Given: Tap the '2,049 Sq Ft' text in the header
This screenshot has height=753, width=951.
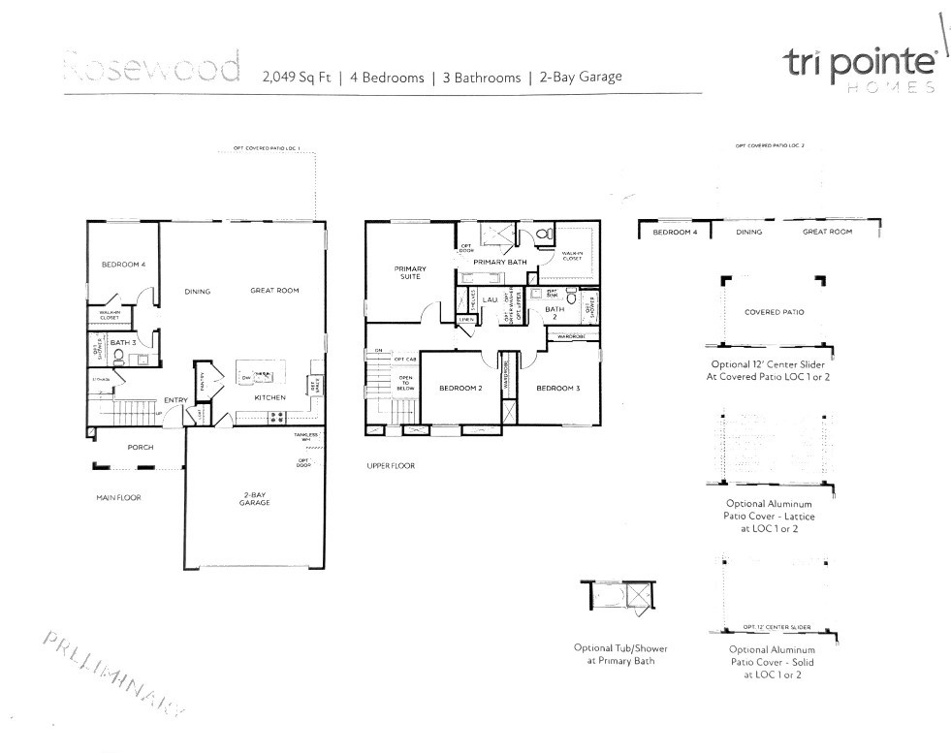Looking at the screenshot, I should coord(296,78).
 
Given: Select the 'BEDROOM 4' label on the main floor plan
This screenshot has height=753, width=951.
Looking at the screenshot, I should coord(123,265).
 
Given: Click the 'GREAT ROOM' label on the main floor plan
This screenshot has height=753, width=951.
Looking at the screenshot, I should coord(274,290).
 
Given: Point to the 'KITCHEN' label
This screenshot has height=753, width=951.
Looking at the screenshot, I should coord(269,397).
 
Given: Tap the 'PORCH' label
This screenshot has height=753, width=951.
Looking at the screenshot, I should coord(142,447).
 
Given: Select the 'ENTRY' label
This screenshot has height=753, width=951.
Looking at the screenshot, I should coord(175,399).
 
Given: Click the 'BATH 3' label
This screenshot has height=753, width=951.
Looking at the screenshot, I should coord(122,342).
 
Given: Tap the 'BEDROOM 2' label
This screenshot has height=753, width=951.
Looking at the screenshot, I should coord(460,388).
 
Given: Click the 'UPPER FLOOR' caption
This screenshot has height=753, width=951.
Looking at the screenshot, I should coord(391,466).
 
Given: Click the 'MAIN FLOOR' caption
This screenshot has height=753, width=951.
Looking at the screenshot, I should coord(118,497).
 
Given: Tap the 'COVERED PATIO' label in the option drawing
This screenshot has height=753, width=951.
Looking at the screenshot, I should coord(774,312).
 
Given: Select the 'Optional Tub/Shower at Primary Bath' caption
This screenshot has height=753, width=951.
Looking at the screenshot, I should coord(620,654).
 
